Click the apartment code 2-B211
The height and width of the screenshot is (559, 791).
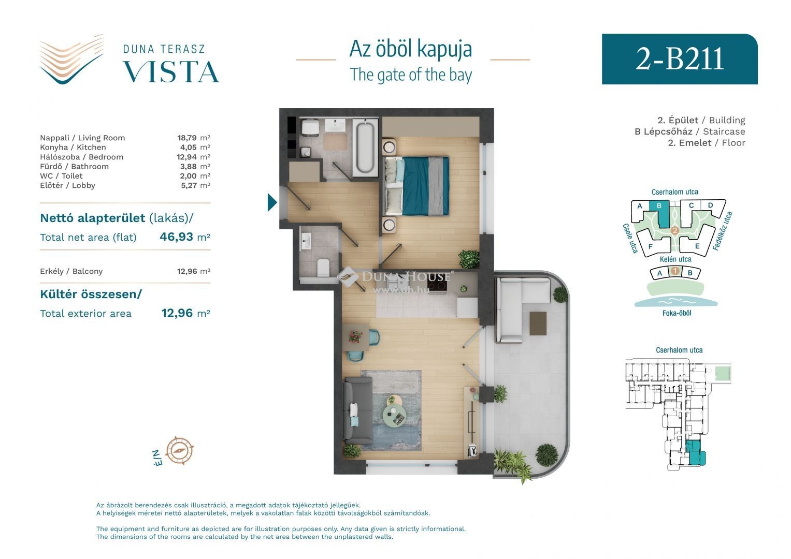pos(680,59)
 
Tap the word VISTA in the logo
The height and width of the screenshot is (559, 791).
pos(171,72)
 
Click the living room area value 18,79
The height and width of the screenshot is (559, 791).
pos(187,138)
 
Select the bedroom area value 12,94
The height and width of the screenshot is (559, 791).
pos(186,157)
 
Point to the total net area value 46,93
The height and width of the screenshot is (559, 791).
pos(176,237)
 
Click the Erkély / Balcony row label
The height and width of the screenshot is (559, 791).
pos(71,271)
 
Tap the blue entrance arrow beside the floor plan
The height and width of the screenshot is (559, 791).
pos(272,202)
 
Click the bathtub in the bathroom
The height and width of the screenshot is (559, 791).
pos(365,147)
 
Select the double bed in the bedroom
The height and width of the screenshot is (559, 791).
pos(416,186)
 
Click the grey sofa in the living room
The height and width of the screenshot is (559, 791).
pos(358,410)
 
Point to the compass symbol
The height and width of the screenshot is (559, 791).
pos(180,450)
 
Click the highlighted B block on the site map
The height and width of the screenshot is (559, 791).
pos(659,213)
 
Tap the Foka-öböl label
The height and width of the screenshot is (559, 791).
pos(677,313)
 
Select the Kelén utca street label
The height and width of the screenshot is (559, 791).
pos(675,259)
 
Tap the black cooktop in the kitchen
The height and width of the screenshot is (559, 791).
pos(437,282)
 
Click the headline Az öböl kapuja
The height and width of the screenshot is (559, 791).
pos(411,49)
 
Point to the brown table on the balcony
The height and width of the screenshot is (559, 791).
pos(538,323)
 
